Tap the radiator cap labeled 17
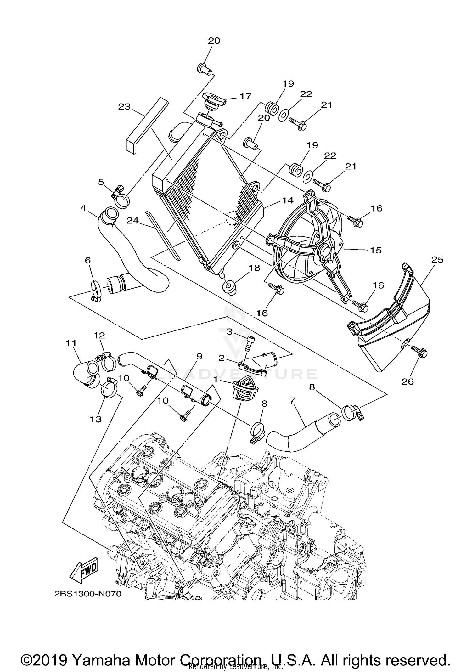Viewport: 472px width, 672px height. click(215, 100)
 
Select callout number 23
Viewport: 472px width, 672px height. click(124, 107)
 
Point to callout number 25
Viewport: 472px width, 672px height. click(437, 260)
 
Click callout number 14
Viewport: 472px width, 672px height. click(288, 200)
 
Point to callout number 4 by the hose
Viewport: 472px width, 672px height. click(83, 208)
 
